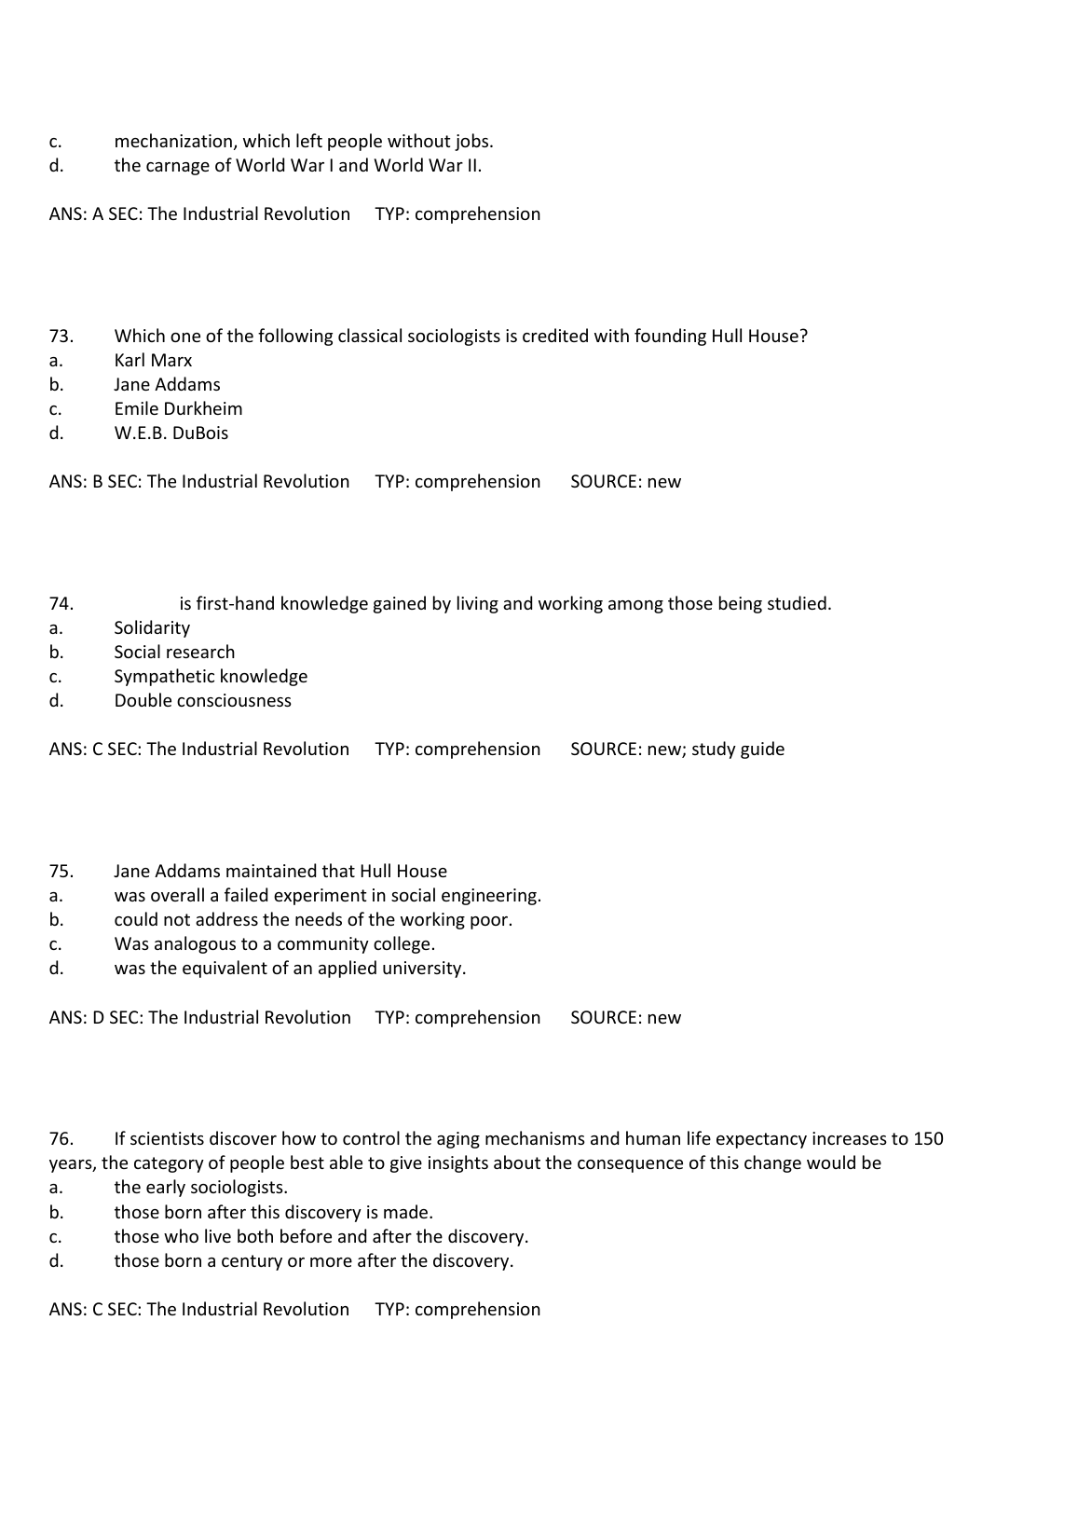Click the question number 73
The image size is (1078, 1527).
61,337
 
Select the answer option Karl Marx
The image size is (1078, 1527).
153,361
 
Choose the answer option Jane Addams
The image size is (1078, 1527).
167,385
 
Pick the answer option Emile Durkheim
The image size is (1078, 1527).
178,409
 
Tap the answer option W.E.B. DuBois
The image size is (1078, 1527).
171,433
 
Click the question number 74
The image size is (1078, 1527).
61,604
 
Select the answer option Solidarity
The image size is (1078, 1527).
152,628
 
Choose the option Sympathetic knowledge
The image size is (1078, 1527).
211,677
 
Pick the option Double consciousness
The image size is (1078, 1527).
202,701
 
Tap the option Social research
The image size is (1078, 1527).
174,653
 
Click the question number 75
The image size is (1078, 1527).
61,872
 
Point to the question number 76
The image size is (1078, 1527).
61,1139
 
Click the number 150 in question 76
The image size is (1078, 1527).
928,1139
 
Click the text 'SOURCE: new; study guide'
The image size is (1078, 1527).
677,750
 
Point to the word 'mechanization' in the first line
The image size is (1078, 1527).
174,142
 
